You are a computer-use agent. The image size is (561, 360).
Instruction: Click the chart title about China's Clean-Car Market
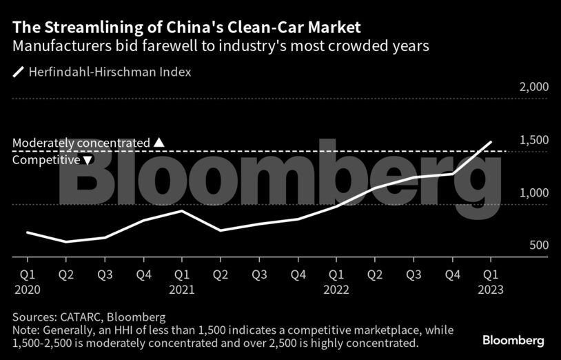pos(186,28)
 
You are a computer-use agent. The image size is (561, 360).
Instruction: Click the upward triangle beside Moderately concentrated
pos(159,143)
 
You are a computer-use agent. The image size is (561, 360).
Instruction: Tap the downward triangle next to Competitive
pos(88,160)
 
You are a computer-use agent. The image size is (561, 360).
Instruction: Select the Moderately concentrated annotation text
pos(81,143)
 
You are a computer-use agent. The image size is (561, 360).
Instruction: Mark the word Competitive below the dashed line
pos(46,160)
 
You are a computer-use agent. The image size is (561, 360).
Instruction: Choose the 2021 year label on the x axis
pos(181,290)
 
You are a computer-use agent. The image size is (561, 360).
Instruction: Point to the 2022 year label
pos(336,290)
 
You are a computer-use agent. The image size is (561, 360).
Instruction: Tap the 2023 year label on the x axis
pos(491,290)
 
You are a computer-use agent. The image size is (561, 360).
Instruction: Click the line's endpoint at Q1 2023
pos(491,142)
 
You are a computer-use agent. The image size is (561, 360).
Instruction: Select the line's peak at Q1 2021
pos(181,210)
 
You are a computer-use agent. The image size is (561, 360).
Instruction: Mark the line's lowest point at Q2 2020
pos(65,242)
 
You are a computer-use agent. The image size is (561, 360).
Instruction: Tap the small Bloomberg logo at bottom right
pos(513,341)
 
